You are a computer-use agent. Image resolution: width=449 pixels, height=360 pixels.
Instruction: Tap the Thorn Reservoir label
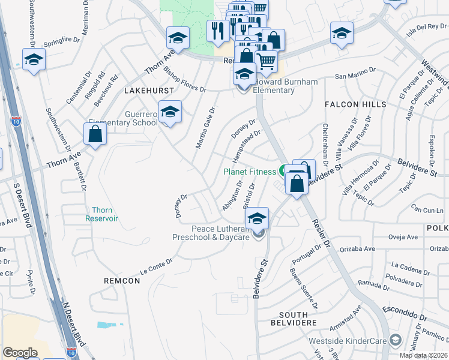click(104, 214)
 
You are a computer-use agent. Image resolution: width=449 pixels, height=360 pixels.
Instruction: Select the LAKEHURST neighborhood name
click(149, 90)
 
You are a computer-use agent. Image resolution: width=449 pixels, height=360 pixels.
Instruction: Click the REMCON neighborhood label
click(122, 281)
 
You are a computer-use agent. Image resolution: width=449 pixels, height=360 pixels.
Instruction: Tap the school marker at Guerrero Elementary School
click(170, 112)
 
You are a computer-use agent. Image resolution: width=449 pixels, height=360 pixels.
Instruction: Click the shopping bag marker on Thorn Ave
click(95, 134)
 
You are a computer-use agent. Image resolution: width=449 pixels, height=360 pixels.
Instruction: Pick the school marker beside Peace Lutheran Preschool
click(257, 218)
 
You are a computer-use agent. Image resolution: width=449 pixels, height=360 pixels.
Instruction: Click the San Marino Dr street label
click(355, 73)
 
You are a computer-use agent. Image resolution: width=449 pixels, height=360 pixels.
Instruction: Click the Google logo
click(20, 353)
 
